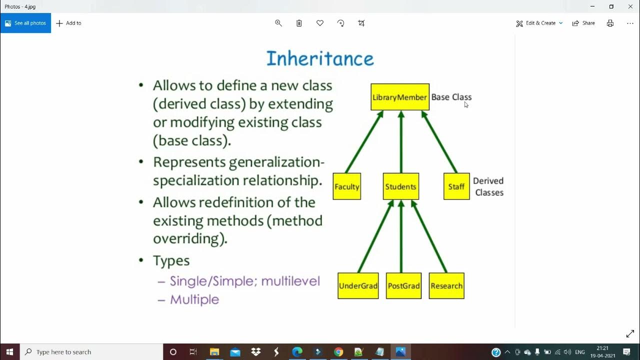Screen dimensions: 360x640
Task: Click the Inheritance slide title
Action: click(x=320, y=58)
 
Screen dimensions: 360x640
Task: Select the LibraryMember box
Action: click(x=399, y=97)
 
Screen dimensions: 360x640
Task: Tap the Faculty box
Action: click(x=346, y=186)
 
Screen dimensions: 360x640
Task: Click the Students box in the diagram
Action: click(x=400, y=186)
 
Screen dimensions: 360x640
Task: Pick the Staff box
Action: click(x=456, y=186)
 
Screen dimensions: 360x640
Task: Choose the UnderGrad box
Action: click(x=358, y=286)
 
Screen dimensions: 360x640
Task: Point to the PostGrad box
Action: click(x=403, y=286)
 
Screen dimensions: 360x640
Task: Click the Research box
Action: click(x=446, y=286)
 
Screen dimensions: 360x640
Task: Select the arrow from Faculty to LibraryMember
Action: click(x=364, y=142)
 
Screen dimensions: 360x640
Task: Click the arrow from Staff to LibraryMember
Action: click(x=439, y=142)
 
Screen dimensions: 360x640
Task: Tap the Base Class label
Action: click(x=451, y=97)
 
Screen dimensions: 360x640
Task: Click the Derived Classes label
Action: click(x=488, y=186)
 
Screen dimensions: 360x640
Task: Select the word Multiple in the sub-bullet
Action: click(x=194, y=299)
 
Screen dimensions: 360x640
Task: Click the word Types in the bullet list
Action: click(x=171, y=260)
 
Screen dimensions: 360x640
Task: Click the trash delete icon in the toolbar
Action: click(x=299, y=23)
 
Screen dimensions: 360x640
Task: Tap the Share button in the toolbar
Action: click(x=583, y=23)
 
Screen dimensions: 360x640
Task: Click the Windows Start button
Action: click(x=9, y=352)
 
